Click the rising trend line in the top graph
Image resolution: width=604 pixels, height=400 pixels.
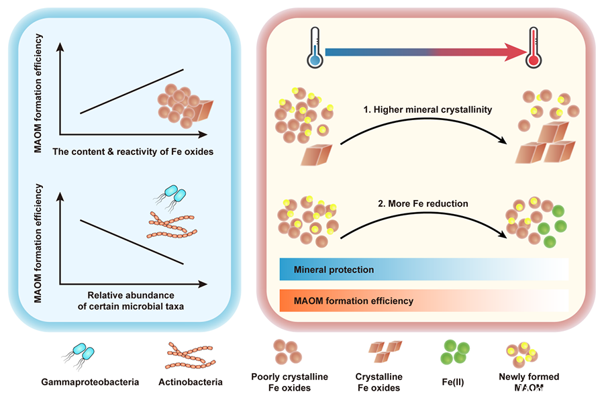(x=132, y=91)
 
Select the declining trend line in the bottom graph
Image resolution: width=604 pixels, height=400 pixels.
(x=132, y=241)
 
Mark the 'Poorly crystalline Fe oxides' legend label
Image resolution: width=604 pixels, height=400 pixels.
(x=289, y=382)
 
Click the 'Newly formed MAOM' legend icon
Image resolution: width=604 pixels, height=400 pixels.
(x=522, y=351)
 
